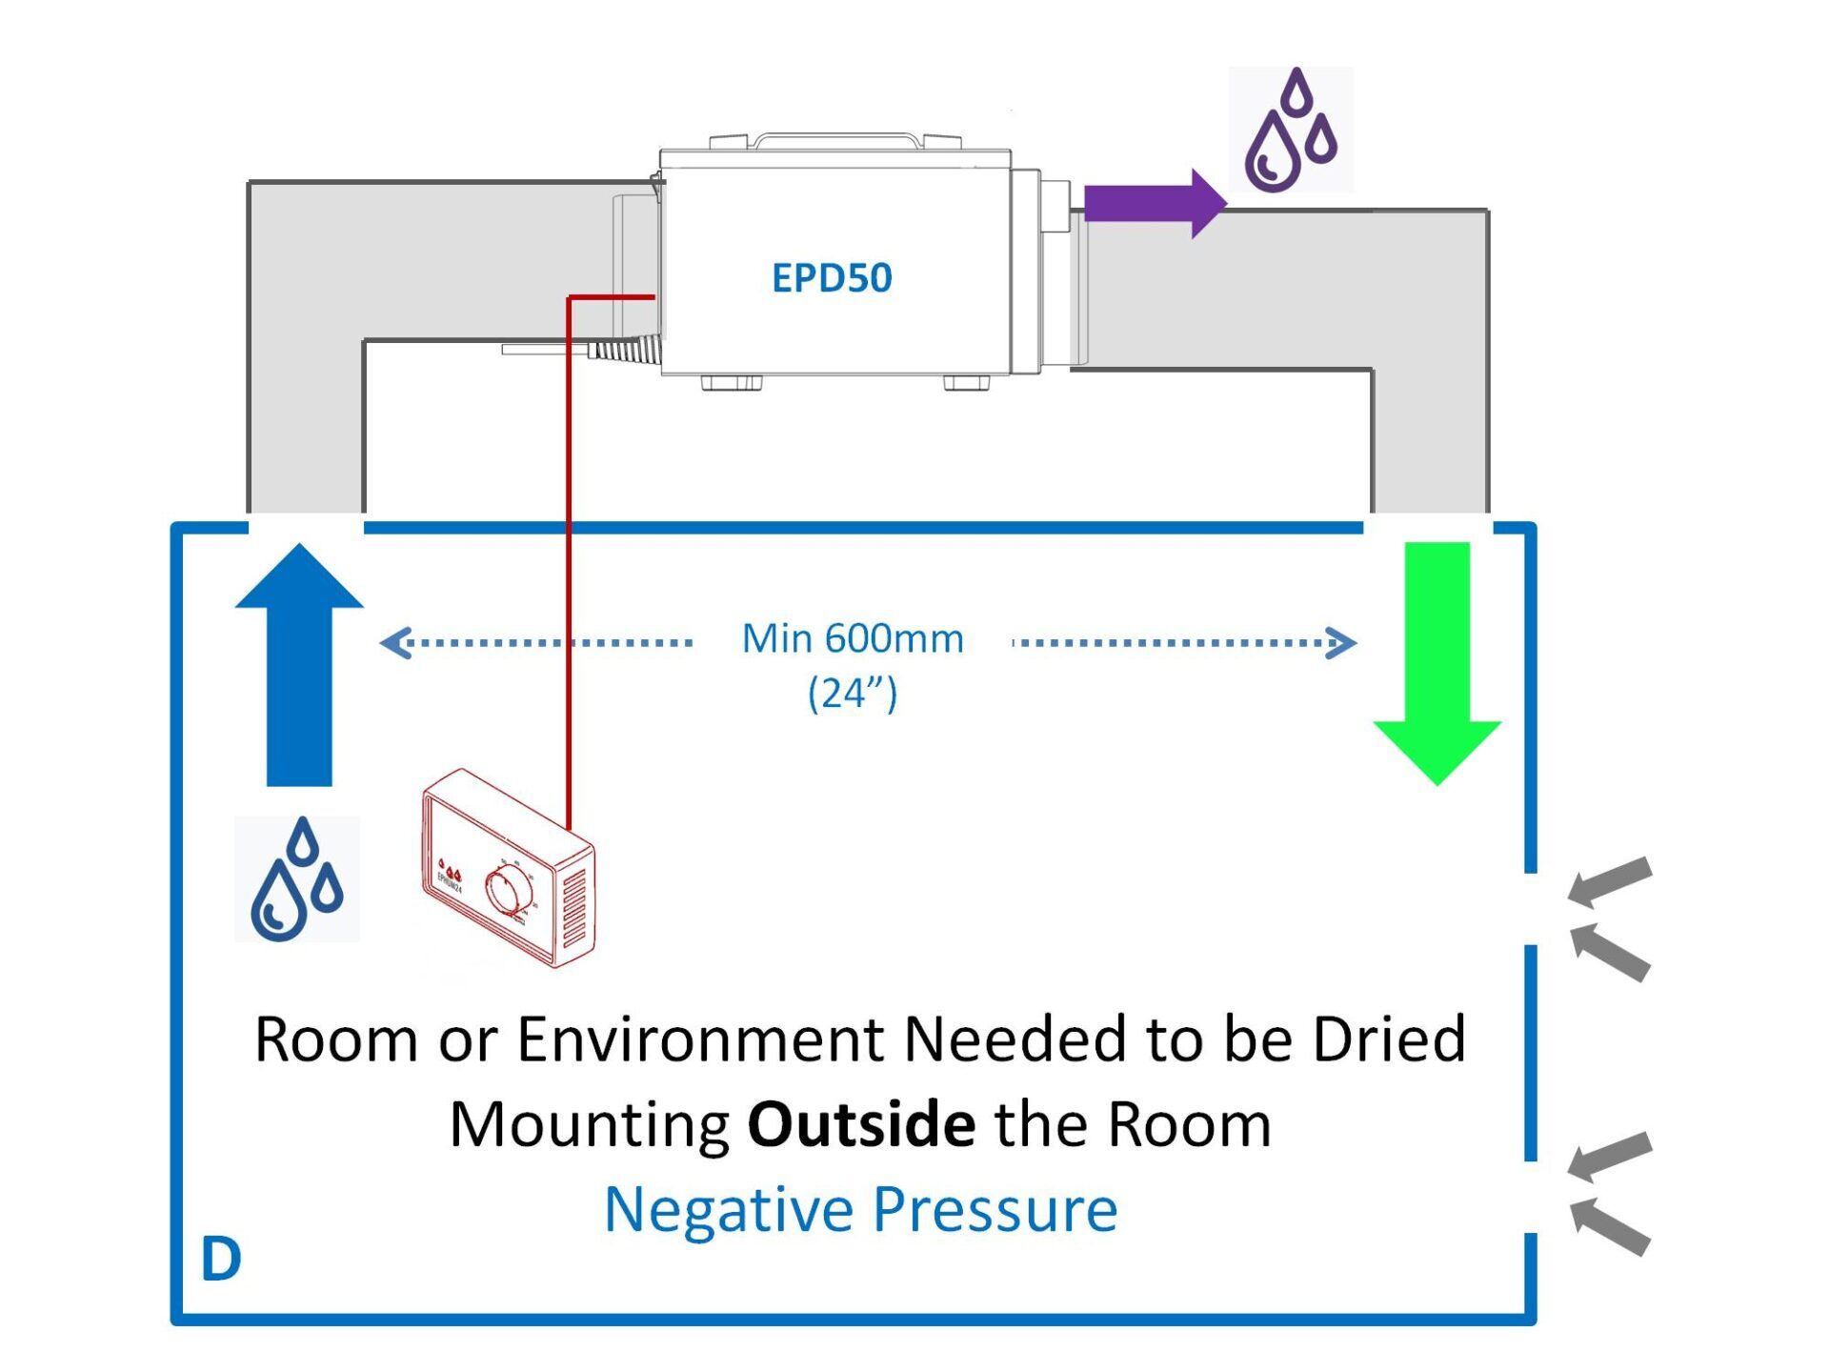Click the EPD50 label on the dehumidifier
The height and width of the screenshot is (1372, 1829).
[832, 277]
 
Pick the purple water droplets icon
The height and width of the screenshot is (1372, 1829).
[1291, 131]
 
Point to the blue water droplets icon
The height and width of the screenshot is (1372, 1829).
[297, 879]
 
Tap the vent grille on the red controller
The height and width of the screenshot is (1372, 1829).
[574, 911]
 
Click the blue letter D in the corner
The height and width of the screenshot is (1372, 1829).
[221, 1260]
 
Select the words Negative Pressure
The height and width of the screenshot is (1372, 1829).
[860, 1209]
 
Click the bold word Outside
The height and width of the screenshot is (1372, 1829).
[861, 1124]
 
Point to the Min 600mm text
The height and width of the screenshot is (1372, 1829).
[853, 638]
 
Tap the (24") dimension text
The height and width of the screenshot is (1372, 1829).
[853, 693]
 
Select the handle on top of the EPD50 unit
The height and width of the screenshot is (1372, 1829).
[838, 139]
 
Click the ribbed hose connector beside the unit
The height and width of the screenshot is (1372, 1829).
[624, 349]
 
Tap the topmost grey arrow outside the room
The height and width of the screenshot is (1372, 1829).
[1610, 882]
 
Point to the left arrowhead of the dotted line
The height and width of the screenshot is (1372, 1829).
[395, 643]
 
